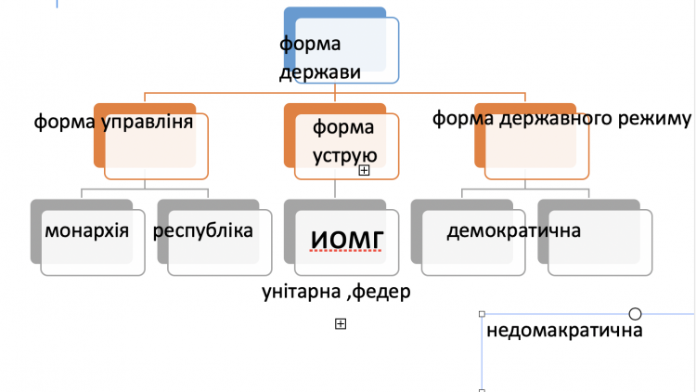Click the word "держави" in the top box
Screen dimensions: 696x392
320,72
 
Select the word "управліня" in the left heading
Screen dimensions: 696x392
148,122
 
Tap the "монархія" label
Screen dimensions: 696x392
87,230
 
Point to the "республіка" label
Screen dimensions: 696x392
203,230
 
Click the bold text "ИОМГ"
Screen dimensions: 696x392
347,240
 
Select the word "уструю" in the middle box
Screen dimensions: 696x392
345,156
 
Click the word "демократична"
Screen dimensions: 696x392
513,231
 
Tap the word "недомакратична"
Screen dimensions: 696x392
564,331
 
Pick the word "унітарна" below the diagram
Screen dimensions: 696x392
302,292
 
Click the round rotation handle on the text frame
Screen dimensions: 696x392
635,314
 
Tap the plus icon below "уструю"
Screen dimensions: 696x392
364,170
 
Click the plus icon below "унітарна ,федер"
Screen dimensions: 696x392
341,324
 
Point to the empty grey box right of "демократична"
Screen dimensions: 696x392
595,238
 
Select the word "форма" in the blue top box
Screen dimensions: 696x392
310,45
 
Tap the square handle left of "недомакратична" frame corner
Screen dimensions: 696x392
482,314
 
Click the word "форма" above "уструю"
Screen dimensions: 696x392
343,128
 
